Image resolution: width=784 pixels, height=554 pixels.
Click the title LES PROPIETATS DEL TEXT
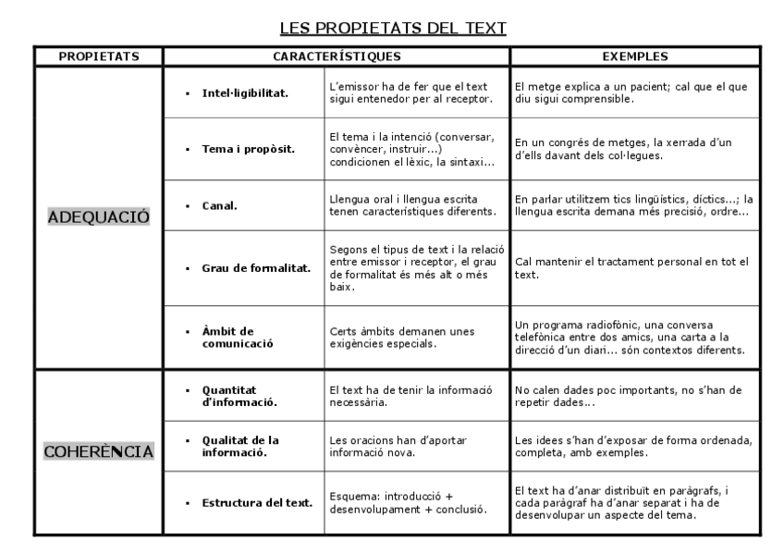393,28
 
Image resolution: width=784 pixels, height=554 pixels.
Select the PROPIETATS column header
99,56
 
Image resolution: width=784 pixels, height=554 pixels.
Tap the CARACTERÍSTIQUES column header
337,56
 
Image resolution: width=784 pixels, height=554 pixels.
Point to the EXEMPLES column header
635,56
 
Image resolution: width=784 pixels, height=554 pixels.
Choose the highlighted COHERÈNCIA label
99,452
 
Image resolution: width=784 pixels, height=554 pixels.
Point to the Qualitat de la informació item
242,446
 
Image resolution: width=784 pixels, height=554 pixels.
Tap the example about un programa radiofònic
629,338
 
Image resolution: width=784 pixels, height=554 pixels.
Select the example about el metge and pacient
631,92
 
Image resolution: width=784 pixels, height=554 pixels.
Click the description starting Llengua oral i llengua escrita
411,205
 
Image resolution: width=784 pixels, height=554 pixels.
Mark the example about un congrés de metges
624,149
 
